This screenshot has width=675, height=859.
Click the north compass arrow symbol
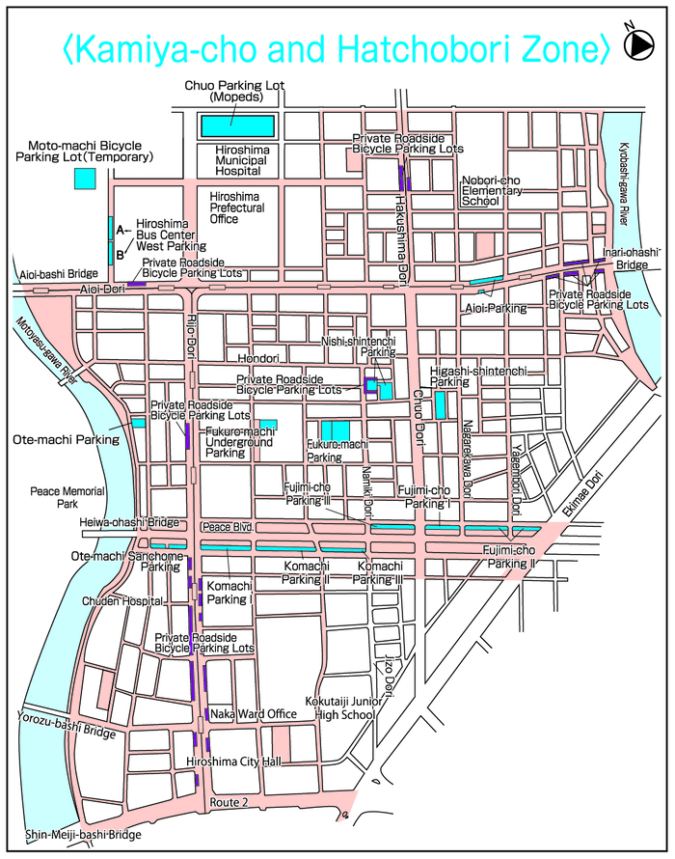(x=637, y=43)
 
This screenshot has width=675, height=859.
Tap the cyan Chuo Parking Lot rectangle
(x=237, y=125)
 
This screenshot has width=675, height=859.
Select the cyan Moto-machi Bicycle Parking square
(x=86, y=179)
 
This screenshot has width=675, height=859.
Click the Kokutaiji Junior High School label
(x=345, y=709)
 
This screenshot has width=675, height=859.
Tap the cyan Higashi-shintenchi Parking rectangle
(x=440, y=403)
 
